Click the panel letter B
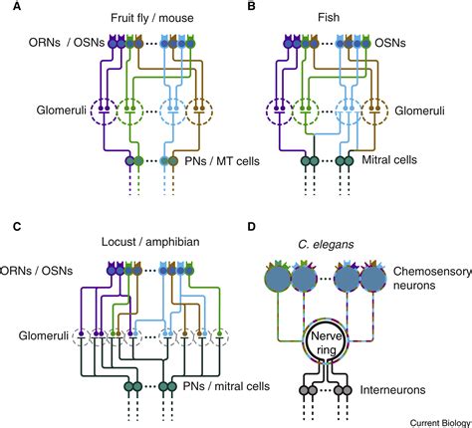pos(252,8)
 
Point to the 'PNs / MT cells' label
pos(207,160)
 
